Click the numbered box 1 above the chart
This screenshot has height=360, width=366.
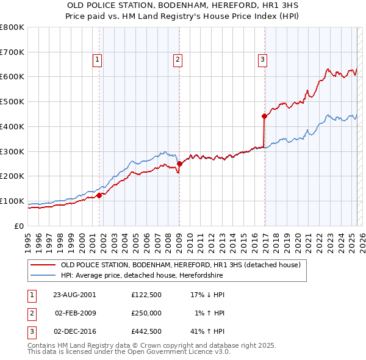click(98, 60)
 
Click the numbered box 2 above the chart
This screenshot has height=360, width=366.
click(177, 60)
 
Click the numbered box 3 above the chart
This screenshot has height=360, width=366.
click(262, 60)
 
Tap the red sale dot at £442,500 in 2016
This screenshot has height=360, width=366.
click(264, 115)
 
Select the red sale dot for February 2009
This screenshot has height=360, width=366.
click(179, 164)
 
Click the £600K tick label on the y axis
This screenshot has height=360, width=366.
click(12, 77)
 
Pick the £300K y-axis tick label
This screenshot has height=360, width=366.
click(12, 151)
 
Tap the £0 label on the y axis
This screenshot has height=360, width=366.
click(20, 226)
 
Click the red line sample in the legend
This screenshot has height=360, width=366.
click(43, 265)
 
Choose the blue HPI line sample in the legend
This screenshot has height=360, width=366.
click(43, 276)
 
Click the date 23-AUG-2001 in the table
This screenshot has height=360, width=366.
click(74, 295)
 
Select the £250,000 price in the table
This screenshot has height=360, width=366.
click(146, 313)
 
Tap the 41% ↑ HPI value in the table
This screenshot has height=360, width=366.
click(207, 331)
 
